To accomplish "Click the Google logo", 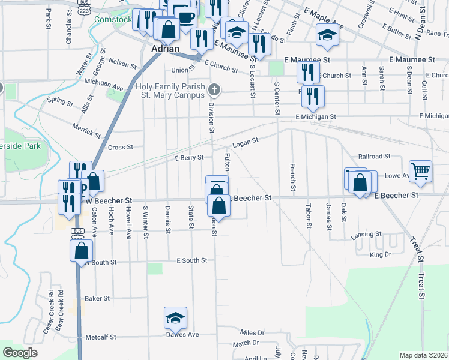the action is click(x=20, y=353).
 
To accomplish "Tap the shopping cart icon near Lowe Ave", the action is click(x=420, y=170).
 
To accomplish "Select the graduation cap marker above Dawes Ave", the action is click(x=175, y=317).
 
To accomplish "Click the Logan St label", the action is click(x=245, y=144).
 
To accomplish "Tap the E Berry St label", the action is click(x=189, y=158).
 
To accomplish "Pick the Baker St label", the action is click(x=97, y=298).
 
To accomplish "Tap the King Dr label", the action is click(x=380, y=255).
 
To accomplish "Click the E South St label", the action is click(x=191, y=260).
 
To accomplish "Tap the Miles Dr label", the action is click(x=252, y=332).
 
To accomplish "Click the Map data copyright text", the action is click(x=423, y=355).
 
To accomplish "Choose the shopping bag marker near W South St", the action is click(x=82, y=251).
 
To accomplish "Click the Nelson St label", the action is click(x=119, y=62).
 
